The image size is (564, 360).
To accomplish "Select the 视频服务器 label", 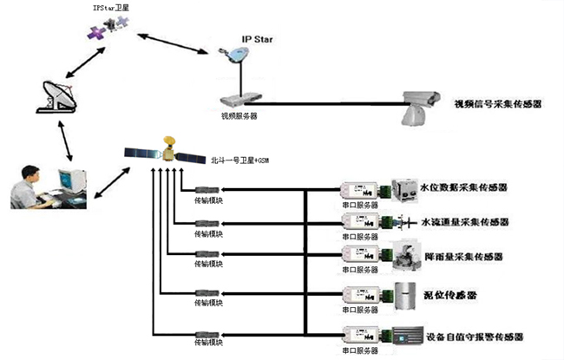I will click(239, 114).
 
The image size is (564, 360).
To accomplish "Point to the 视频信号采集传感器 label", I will click(497, 104).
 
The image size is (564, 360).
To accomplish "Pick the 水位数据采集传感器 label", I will click(463, 187).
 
